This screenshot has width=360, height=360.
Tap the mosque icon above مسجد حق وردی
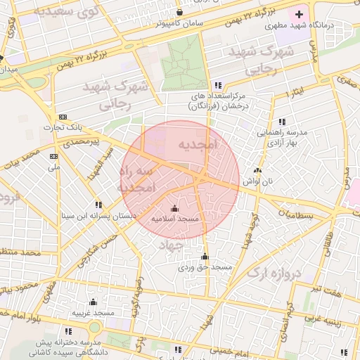click(205, 257)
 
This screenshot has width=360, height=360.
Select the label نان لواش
click(257, 181)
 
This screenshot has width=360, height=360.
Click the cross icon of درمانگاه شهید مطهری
click(300, 14)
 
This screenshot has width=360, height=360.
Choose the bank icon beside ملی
click(53, 156)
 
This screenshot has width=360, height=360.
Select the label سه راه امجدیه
click(130, 180)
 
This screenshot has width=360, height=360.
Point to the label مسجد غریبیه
click(93, 312)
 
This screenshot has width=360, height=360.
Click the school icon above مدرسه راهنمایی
click(283, 121)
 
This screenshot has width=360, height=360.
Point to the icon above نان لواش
click(257, 169)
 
